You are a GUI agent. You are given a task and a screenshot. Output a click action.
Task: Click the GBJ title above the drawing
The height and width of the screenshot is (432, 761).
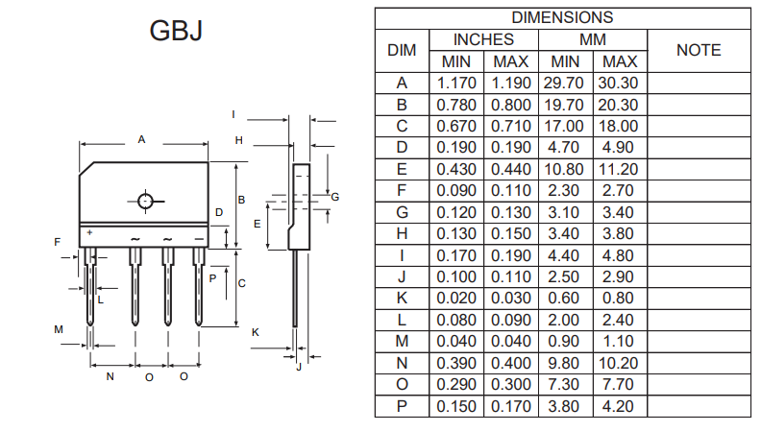[176, 32]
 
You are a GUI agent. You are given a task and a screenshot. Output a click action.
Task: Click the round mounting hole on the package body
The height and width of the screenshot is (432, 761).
[145, 202]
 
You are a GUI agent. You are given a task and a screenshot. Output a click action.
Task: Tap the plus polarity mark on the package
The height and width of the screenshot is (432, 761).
[89, 232]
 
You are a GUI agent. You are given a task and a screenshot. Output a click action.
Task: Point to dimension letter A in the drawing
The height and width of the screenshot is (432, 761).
[141, 139]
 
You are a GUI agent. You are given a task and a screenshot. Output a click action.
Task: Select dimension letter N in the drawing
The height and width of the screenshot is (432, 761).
[110, 377]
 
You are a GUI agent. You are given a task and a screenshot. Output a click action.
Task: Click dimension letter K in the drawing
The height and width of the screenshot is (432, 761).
[255, 332]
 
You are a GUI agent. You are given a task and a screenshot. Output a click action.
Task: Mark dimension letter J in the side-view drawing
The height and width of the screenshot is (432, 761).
[299, 366]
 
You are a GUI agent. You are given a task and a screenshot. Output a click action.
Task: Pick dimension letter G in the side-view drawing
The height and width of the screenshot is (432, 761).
[335, 196]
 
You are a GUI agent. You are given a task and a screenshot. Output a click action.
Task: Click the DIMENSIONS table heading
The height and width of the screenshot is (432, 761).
[561, 17]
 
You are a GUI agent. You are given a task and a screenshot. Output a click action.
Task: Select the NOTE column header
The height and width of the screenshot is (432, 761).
[699, 50]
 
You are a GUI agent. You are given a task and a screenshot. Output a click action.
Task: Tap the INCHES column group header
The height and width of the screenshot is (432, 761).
[483, 39]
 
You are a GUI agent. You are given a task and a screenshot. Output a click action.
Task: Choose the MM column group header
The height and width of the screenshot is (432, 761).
[593, 39]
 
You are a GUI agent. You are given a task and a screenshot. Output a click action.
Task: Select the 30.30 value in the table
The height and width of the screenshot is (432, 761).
[619, 83]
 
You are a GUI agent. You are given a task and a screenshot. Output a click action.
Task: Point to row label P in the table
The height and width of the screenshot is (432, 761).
[402, 406]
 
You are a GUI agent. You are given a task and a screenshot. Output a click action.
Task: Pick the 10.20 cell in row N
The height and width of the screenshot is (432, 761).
[619, 363]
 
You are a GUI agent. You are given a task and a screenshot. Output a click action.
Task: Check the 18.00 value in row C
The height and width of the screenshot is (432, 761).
[619, 126]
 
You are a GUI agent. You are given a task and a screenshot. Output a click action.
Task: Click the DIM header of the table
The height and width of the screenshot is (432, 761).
[402, 50]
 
